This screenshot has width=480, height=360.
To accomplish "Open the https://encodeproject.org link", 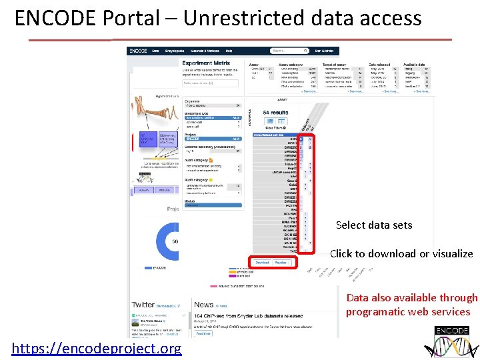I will (x=97, y=349).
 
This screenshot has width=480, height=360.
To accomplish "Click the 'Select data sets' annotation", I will (x=374, y=225).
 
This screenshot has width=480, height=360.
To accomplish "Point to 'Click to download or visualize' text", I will (x=401, y=253).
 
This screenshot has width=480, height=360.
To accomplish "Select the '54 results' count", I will (x=275, y=113).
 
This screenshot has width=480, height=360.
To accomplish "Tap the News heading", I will (x=203, y=305).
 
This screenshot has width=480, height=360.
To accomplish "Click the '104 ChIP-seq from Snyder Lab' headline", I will (x=248, y=315).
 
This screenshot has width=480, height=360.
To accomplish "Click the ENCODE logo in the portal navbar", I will (x=139, y=51).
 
